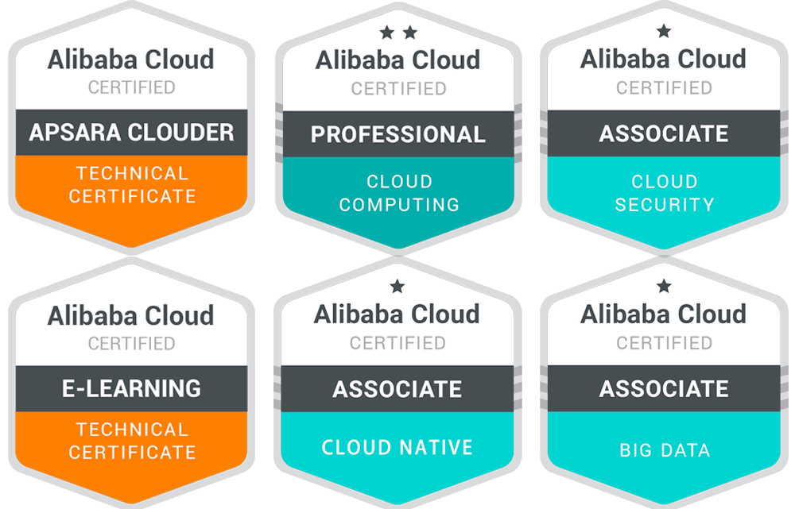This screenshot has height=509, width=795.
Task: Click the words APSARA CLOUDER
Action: pos(131,132)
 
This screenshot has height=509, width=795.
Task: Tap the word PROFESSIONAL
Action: pos(397,134)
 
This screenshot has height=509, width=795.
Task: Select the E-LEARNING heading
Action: pos(131,388)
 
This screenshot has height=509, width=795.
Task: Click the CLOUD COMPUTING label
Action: pos(399,193)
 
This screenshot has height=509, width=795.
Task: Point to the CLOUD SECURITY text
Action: pos(664,193)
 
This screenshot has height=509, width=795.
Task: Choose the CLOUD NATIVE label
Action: pos(397,447)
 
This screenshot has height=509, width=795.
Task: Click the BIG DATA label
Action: pos(664,450)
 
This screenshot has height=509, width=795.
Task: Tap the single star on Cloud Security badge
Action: pos(664,32)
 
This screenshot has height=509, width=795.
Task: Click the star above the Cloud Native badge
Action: pos(397,286)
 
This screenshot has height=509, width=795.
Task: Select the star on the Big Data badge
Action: pos(664,286)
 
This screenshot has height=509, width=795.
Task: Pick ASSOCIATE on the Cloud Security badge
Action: pos(664,133)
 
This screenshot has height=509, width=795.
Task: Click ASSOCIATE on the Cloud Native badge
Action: pos(397,389)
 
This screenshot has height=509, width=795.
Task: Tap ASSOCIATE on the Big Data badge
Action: pos(664,388)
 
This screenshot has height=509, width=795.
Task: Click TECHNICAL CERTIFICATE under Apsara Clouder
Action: pos(131,184)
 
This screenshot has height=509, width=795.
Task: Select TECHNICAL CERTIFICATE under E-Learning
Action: pos(131,441)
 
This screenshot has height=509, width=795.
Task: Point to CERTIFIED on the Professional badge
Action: pos(398,88)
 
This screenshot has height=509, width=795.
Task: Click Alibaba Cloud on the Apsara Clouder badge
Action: pos(131,60)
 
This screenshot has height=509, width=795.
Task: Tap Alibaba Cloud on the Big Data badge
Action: pos(664,314)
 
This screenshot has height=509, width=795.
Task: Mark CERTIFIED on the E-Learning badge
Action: pos(131,344)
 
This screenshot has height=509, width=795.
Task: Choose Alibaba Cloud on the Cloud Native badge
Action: pos(397,314)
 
